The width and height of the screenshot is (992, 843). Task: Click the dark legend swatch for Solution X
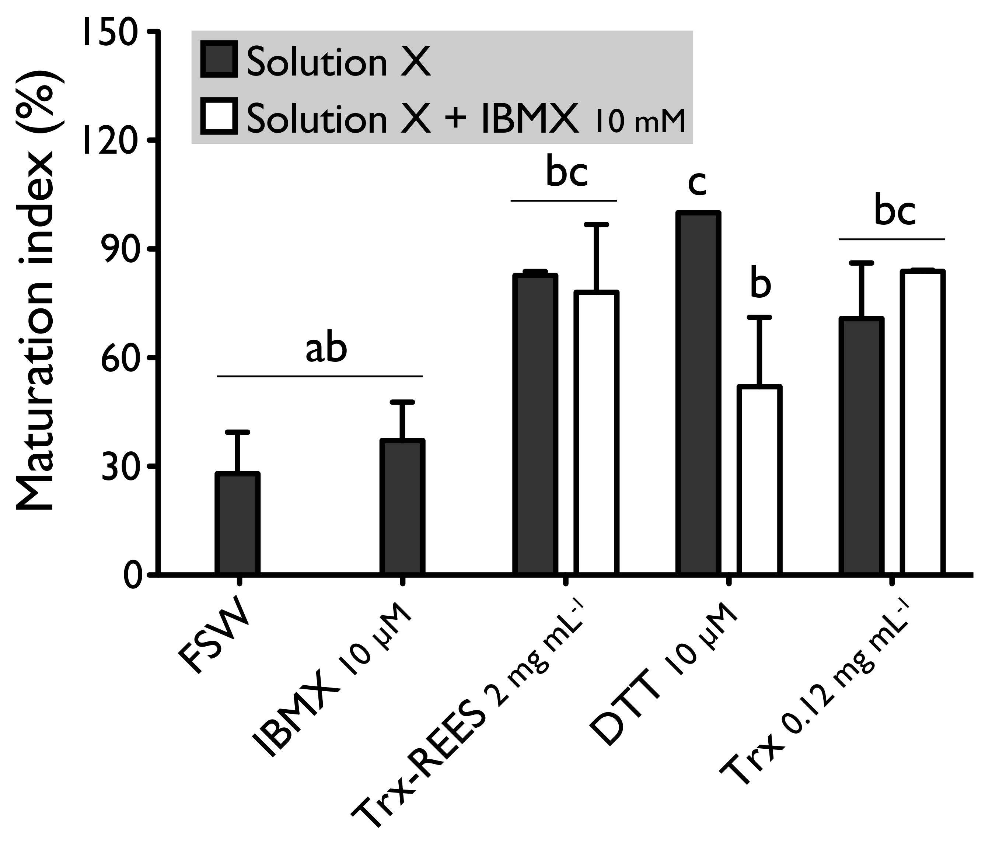click(219, 59)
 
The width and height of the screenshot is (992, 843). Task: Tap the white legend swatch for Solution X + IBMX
click(219, 116)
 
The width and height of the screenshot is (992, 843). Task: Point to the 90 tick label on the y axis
click(118, 249)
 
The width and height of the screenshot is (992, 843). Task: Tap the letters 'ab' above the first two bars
click(326, 349)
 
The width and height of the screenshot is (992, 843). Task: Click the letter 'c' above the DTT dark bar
click(697, 183)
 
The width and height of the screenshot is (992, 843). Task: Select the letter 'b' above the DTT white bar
click(760, 285)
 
